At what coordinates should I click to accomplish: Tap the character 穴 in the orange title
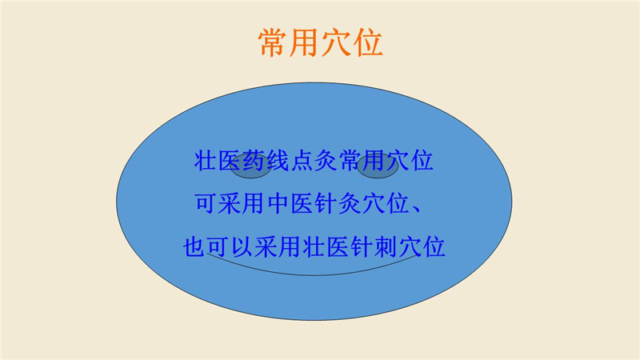coord(336,42)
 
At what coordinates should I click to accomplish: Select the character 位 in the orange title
coord(368,42)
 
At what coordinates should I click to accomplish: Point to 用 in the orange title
coord(305,42)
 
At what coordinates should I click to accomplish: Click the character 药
coord(254,161)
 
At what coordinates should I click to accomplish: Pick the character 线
coord(278,161)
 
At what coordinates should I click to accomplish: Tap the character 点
coord(302,161)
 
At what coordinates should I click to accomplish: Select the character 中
coord(278,203)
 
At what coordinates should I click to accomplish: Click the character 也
coord(194,246)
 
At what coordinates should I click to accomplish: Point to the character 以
coord(242,246)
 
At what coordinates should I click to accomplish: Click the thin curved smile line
coord(313,275)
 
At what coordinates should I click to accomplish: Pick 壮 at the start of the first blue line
coord(206,161)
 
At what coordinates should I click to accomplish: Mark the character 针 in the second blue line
coord(326,203)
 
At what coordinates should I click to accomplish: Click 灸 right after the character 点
coord(326,161)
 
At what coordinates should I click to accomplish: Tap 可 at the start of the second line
coord(206,203)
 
